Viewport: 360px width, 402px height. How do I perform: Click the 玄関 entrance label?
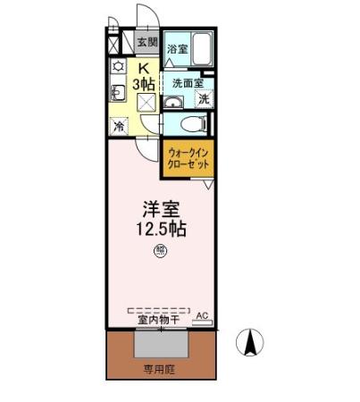147,42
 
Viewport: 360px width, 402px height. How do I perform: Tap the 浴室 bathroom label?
178,50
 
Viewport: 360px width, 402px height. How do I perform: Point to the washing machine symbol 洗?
203,100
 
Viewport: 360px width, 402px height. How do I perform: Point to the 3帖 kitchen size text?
143,83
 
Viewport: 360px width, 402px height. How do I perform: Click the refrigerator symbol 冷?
118,127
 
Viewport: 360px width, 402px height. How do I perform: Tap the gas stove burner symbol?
117,67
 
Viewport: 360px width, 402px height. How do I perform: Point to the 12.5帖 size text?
161,230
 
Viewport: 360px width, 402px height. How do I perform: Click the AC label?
201,315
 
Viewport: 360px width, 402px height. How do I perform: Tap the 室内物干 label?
159,319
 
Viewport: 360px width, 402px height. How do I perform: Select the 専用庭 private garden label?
162,366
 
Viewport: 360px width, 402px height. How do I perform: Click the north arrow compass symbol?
252,341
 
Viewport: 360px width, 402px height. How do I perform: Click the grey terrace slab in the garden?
162,343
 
